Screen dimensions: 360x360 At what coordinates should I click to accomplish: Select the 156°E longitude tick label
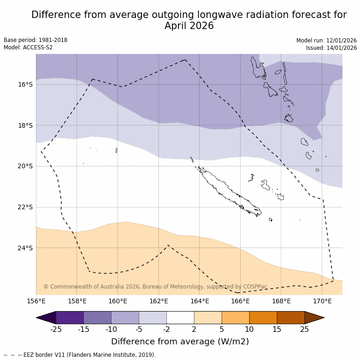36,301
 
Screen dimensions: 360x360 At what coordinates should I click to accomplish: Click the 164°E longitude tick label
200,301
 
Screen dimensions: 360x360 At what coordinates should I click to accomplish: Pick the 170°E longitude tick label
322,301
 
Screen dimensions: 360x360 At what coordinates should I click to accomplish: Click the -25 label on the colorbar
56,329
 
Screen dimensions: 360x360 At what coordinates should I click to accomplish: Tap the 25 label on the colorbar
305,329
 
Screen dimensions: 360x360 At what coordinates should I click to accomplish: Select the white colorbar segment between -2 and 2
180,318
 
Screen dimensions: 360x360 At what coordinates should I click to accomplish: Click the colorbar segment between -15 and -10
97,318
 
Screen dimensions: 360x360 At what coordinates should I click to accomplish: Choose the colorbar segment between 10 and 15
263,318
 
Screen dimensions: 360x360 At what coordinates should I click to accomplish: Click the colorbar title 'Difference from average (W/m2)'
180,342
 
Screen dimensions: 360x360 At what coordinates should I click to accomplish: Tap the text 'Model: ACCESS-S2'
28,47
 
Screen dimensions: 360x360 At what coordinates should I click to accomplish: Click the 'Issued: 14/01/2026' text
331,47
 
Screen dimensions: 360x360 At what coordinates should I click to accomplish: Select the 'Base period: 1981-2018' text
35,40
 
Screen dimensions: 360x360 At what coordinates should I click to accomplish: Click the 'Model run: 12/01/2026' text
326,40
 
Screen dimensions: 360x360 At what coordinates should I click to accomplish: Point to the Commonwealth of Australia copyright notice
155,287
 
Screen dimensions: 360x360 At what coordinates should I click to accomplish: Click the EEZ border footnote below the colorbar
80,355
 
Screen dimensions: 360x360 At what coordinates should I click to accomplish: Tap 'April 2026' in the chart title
189,26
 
